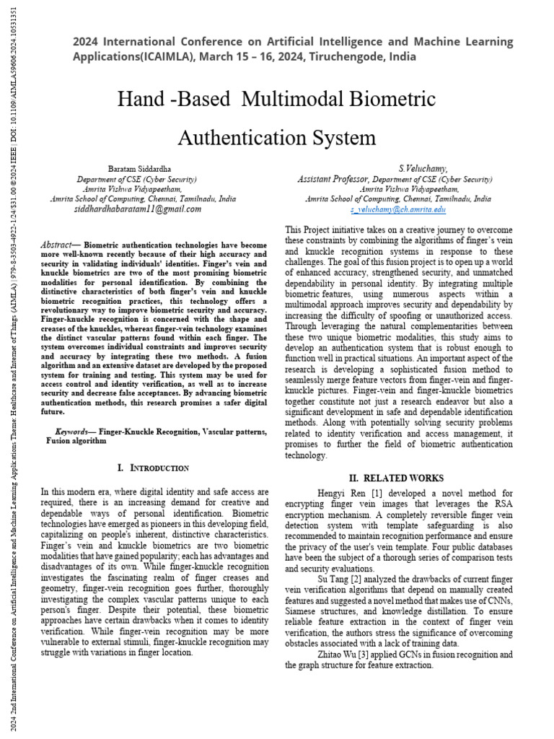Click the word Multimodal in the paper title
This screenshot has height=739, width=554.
292,97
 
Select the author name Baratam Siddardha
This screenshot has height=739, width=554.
137,168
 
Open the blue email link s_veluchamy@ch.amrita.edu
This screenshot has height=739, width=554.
398,209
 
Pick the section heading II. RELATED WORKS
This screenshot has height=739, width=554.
396,478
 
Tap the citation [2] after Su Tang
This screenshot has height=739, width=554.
365,578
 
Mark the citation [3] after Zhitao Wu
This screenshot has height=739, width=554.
374,655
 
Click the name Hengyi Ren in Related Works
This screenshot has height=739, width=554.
342,492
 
